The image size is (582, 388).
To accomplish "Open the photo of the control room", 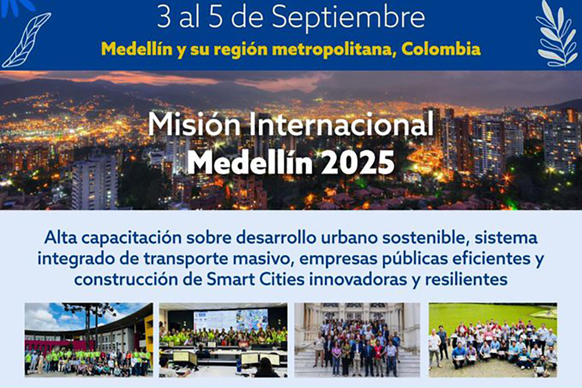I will click(223, 340).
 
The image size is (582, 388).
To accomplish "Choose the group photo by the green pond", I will click(493, 340).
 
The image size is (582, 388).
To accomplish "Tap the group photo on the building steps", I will click(357, 340).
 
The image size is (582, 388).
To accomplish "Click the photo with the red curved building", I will click(89, 340).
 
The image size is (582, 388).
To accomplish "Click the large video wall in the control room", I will click(231, 320).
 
